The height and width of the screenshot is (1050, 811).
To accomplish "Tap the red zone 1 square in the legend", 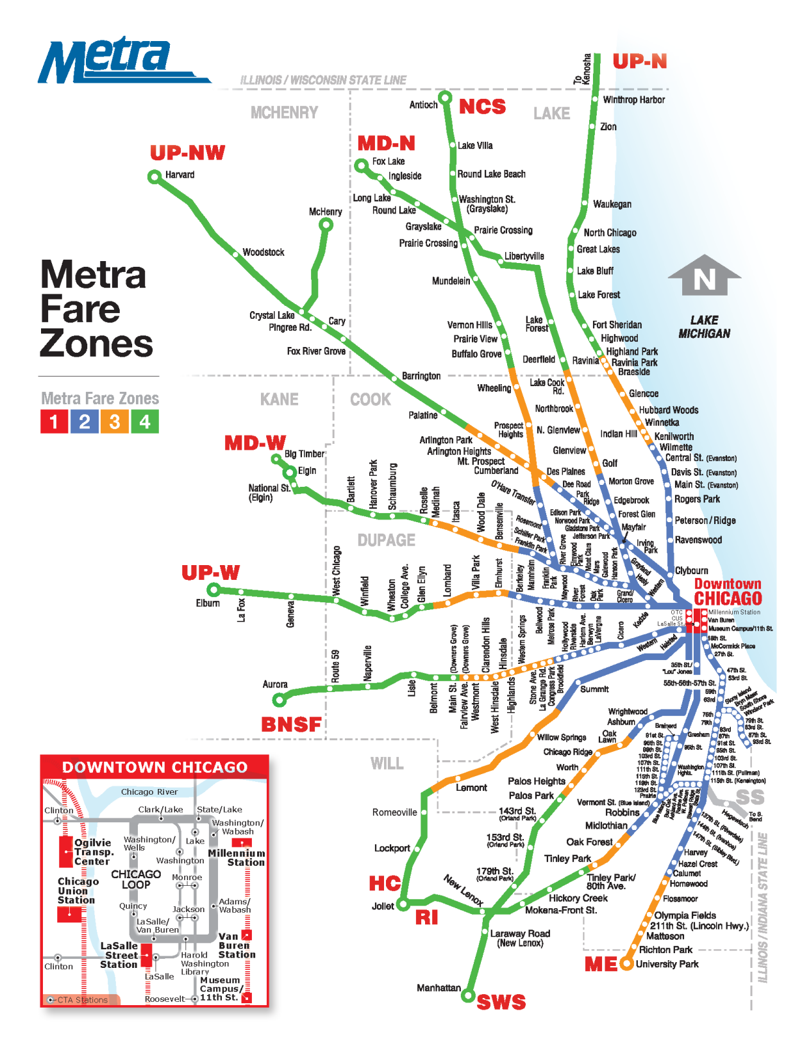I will (x=54, y=421).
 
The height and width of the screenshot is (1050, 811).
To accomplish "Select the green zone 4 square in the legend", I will (x=145, y=421).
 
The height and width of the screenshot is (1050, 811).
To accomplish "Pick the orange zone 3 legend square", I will (x=115, y=421).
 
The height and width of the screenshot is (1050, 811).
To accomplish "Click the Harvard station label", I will (x=180, y=174).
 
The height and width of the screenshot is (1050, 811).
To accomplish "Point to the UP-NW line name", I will (x=187, y=153).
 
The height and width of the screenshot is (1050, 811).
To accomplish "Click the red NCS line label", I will (x=482, y=106).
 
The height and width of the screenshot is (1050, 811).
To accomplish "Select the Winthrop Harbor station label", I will (x=633, y=99).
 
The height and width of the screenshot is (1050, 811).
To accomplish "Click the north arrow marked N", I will (x=704, y=276).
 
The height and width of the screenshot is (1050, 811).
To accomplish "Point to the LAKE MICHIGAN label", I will (x=704, y=326).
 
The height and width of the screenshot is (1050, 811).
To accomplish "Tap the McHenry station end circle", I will (x=326, y=224).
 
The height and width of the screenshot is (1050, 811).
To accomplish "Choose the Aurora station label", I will (x=275, y=684).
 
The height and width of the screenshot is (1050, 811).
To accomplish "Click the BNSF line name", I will (x=291, y=724).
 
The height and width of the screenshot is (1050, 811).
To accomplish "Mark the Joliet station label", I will (x=383, y=906).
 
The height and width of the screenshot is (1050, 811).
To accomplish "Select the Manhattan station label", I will (x=439, y=988).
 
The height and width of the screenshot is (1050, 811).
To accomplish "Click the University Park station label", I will (x=667, y=964).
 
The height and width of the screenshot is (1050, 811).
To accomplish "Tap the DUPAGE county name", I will (x=386, y=540).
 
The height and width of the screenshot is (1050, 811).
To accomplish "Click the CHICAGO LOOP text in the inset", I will (x=136, y=879).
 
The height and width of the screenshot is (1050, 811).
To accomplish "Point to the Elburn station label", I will (x=208, y=603).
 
